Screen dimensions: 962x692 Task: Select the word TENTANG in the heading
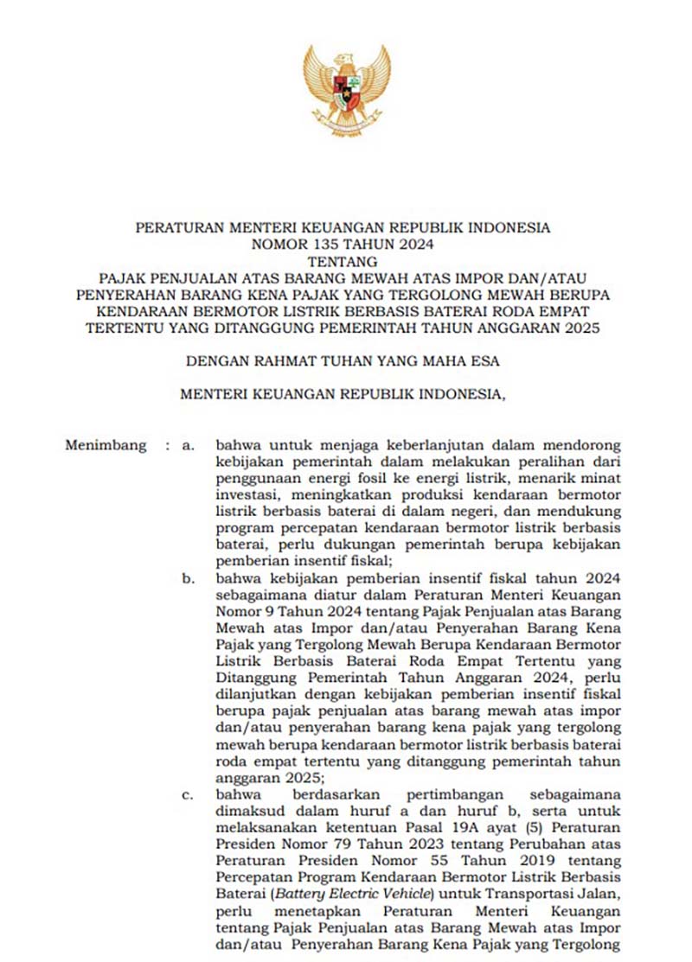343,260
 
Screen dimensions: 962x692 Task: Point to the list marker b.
187,578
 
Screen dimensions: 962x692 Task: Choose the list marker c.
186,793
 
